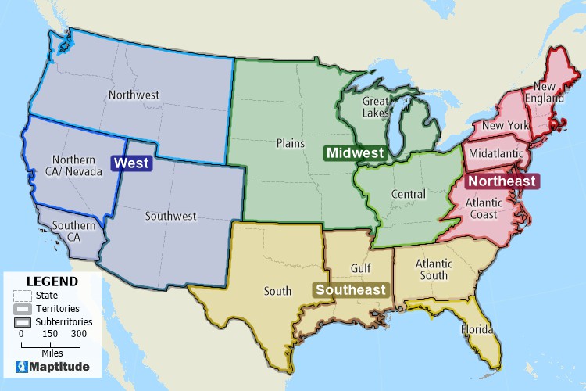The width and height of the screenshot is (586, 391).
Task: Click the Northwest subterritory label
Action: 134,95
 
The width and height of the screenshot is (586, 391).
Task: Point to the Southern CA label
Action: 76,231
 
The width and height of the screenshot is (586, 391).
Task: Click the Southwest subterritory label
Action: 170,215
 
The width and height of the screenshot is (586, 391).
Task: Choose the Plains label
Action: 290,144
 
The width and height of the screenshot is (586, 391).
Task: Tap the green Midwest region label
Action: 356,152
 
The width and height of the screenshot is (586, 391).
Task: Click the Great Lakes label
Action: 376,106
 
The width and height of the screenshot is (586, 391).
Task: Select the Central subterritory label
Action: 408,194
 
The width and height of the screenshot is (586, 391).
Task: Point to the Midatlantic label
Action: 496,154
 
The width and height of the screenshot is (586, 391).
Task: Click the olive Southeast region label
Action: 352,289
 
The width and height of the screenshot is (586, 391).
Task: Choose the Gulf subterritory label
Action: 360,268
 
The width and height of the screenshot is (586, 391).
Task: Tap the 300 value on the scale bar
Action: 79,334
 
